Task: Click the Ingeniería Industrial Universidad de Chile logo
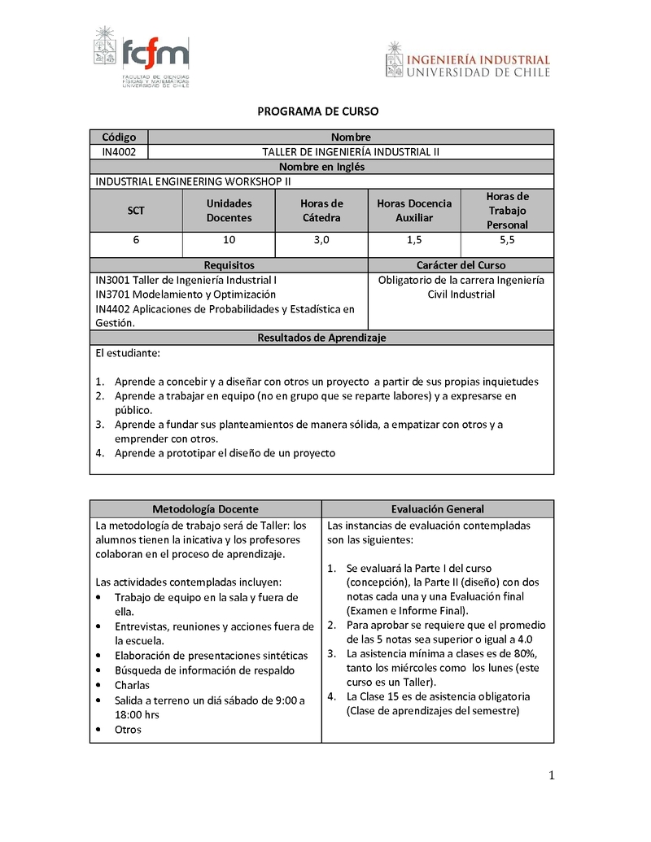tap(468, 62)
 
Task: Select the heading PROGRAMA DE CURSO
tap(318, 111)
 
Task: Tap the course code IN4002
tap(119, 152)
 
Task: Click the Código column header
tap(119, 137)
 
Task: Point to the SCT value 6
tap(136, 240)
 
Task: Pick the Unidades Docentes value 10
tap(229, 240)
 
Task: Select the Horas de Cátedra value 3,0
tap(321, 240)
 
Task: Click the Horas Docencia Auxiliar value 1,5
tap(414, 240)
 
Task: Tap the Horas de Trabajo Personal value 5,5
tap(507, 240)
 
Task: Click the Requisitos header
tap(229, 265)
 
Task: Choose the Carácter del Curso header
tap(461, 265)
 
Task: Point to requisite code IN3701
tap(112, 294)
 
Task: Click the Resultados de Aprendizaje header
tap(321, 338)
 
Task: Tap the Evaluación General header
tap(438, 509)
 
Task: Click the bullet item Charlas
tap(132, 685)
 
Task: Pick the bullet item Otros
tap(128, 730)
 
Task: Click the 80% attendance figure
tap(525, 653)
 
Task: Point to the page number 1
tap(551, 775)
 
